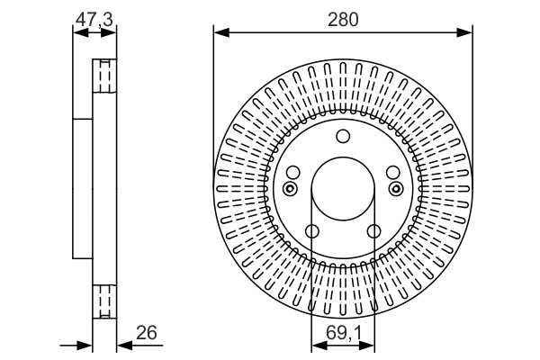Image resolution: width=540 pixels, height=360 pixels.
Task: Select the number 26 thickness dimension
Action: tap(147, 333)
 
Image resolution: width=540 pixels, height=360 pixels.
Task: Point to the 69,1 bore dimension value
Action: tap(342, 333)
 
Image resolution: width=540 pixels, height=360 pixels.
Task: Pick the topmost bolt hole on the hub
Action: tap(342, 137)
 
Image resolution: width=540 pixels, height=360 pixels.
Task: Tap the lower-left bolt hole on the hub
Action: tap(311, 232)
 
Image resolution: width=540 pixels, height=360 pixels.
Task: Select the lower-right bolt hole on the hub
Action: tap(373, 232)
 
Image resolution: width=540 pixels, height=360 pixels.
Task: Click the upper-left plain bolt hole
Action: tap(292, 171)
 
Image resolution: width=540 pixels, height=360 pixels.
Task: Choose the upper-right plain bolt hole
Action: tap(391, 171)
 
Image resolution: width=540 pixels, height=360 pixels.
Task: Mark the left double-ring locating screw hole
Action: tap(289, 188)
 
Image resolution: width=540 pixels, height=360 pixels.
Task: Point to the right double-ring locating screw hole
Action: tap(395, 188)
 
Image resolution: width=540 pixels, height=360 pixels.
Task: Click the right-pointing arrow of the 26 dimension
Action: tap(87, 345)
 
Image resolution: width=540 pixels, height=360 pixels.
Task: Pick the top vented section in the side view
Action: tap(105, 76)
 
